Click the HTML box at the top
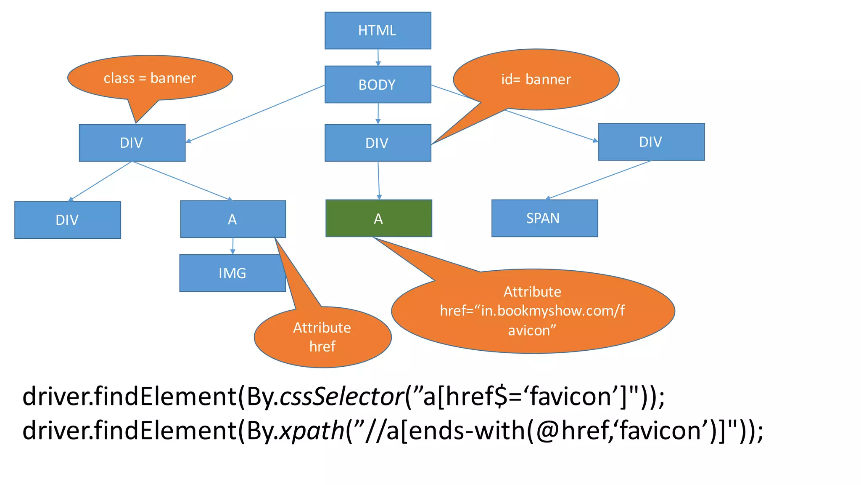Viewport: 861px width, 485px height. click(x=378, y=30)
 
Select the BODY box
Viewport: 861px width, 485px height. click(x=378, y=84)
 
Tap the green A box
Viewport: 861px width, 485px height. click(x=378, y=218)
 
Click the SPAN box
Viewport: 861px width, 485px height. click(x=544, y=218)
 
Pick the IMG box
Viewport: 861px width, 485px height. click(x=232, y=273)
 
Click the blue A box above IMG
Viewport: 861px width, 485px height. click(x=232, y=219)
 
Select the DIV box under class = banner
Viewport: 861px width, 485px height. click(x=132, y=143)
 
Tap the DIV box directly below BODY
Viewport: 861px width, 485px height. click(x=378, y=143)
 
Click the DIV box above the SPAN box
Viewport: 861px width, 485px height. click(x=651, y=142)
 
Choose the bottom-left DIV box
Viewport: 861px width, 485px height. click(x=67, y=220)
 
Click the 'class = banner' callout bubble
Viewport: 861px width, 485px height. click(x=150, y=78)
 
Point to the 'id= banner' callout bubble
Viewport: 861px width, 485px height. click(x=536, y=79)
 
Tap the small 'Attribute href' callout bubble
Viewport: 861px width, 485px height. click(x=322, y=337)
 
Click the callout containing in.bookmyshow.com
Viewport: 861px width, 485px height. click(x=533, y=311)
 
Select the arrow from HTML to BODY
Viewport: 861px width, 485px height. click(x=378, y=57)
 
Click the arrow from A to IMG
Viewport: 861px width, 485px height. click(x=233, y=246)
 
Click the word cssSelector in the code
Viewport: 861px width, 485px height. click(x=341, y=397)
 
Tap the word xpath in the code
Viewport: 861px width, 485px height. click(x=312, y=431)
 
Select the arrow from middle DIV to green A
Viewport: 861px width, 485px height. click(x=378, y=180)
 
